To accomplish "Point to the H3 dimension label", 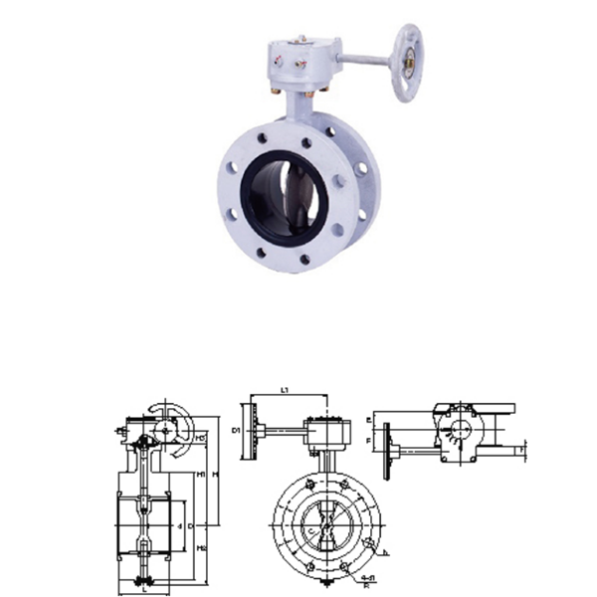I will (202, 438).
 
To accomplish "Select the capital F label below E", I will (370, 438).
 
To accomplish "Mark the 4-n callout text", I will (368, 576).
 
